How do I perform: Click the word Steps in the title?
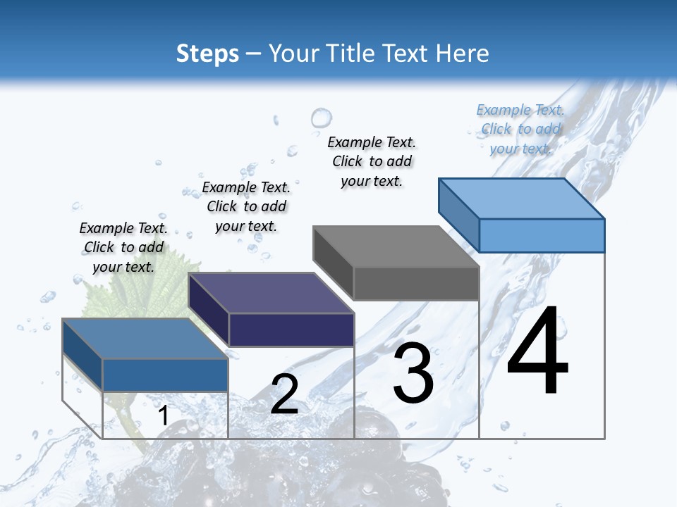click(x=207, y=54)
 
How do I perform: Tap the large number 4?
click(x=537, y=352)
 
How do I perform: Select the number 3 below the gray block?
click(x=413, y=374)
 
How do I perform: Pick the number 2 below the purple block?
click(x=284, y=394)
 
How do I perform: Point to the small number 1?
click(x=163, y=416)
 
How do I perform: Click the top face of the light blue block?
click(x=522, y=198)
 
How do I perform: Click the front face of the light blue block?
click(x=542, y=235)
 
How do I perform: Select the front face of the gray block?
click(x=416, y=284)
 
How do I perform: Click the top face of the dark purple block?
click(x=272, y=292)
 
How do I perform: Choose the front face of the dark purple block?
click(x=291, y=330)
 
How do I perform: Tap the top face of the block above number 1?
click(x=145, y=339)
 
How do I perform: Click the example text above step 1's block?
click(x=123, y=247)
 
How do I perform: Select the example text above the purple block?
click(x=246, y=206)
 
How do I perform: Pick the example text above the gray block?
click(x=372, y=161)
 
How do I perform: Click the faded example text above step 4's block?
click(x=520, y=129)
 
